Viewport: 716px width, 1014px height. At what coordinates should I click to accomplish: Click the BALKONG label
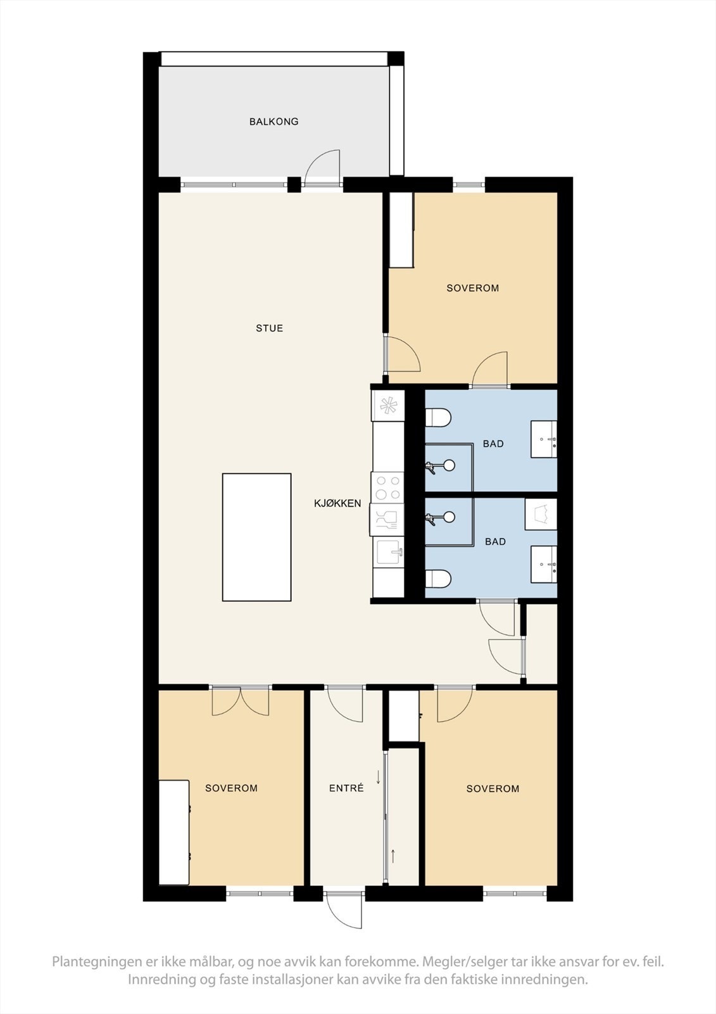coord(273,121)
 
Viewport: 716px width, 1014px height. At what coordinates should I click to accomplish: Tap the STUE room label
coord(269,328)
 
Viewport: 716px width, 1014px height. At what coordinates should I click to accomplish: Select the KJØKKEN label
coord(337,503)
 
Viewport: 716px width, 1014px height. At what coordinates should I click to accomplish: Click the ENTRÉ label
coord(346,788)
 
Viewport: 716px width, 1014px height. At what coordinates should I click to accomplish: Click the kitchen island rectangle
coord(256,537)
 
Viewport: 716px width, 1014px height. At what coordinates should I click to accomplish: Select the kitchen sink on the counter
coord(388,551)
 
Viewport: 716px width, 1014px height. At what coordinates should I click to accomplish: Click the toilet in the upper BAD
coord(438,418)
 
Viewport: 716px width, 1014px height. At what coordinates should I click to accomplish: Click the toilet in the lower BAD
coord(437,579)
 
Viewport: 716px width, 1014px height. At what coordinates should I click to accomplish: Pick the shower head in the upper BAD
coord(448,466)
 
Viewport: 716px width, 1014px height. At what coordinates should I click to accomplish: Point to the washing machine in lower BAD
coord(541,514)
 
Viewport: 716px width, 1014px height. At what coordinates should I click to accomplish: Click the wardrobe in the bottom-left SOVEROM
coord(174,832)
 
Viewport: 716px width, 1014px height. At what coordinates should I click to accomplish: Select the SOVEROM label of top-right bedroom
coord(472,288)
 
